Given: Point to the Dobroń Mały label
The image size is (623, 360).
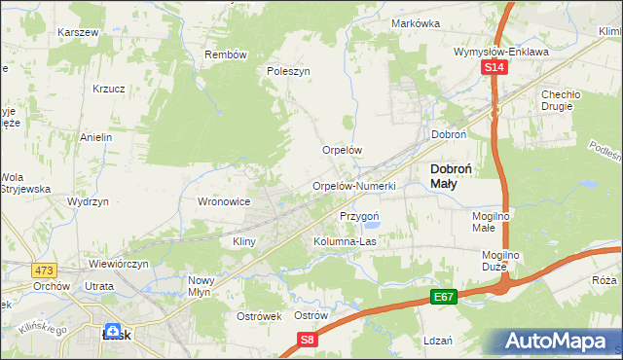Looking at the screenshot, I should coord(452,175).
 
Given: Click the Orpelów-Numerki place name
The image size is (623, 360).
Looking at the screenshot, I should coord(352,186).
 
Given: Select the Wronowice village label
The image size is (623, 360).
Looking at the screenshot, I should coord(225,201).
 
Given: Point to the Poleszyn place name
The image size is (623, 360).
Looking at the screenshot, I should coord(288,71).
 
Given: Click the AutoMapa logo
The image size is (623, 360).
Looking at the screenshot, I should coord(554,342).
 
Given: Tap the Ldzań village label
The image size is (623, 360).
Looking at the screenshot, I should coord(439,341).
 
